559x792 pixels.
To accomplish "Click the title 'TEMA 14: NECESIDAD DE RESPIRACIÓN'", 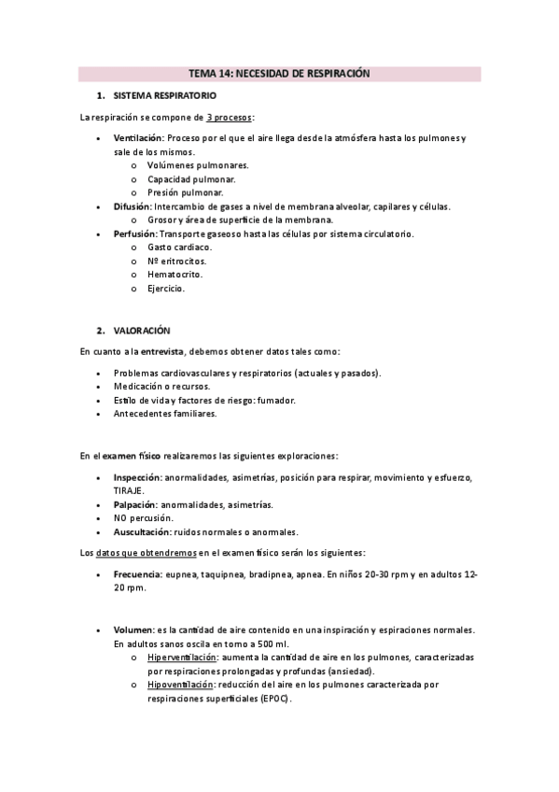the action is click(x=280, y=73).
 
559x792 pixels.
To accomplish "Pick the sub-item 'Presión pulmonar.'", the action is click(x=185, y=192).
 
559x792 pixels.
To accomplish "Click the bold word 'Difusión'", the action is click(x=133, y=206).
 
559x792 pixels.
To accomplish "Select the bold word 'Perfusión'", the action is click(x=135, y=233).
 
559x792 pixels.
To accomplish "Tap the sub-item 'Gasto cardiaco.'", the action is click(x=180, y=247).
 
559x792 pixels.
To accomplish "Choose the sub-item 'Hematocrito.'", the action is click(x=175, y=275).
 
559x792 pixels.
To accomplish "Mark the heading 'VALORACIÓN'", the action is click(x=142, y=331).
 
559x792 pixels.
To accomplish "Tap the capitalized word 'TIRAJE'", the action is click(x=130, y=490).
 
